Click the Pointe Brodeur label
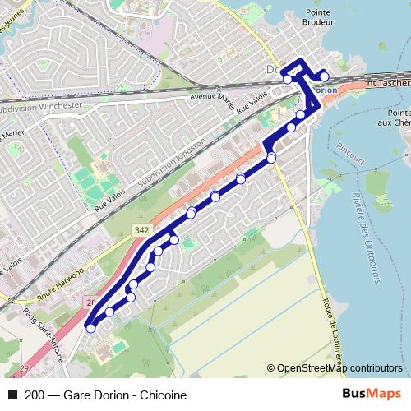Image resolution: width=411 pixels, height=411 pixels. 316,18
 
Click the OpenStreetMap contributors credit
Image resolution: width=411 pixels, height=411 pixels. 339,368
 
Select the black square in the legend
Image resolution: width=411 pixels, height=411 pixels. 12,395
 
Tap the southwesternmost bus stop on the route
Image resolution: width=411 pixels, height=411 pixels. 90,328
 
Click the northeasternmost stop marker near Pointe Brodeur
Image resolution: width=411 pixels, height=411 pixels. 324,76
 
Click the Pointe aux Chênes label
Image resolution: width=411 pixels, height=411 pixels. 399,118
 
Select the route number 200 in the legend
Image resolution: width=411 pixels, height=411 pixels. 35,395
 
